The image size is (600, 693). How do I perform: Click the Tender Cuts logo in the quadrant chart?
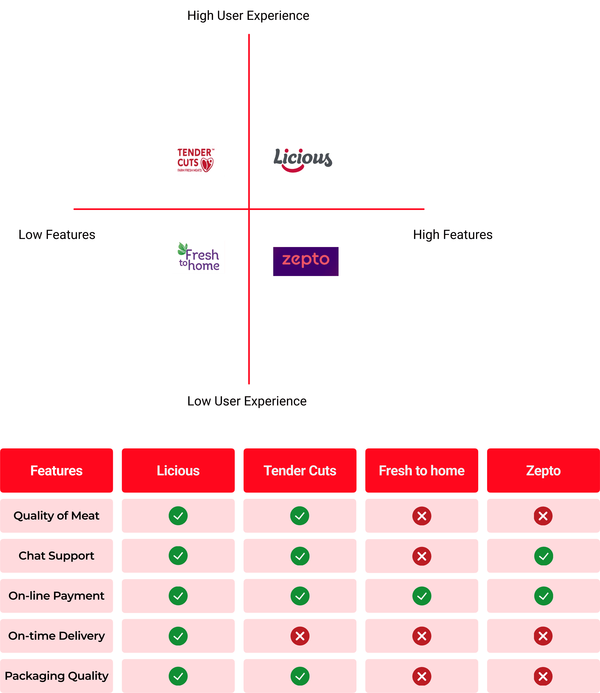(195, 160)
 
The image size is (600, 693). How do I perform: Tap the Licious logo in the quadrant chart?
(303, 159)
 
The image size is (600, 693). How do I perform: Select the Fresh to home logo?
(198, 257)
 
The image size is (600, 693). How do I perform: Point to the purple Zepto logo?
(306, 261)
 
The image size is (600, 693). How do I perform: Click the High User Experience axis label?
(248, 16)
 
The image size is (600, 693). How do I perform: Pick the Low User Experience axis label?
(247, 401)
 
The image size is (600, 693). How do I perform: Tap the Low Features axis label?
(57, 235)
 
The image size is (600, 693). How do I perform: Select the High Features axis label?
(453, 235)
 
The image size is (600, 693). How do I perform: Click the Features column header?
(56, 471)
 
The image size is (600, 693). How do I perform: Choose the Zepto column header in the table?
(543, 471)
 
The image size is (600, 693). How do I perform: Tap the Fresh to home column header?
(422, 471)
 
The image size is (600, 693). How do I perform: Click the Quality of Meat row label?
(56, 516)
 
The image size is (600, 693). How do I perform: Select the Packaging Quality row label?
(56, 676)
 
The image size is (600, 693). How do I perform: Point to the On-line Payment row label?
(56, 596)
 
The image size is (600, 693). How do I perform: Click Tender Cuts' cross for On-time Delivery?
(300, 636)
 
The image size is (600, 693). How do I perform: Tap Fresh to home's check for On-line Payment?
(422, 596)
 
